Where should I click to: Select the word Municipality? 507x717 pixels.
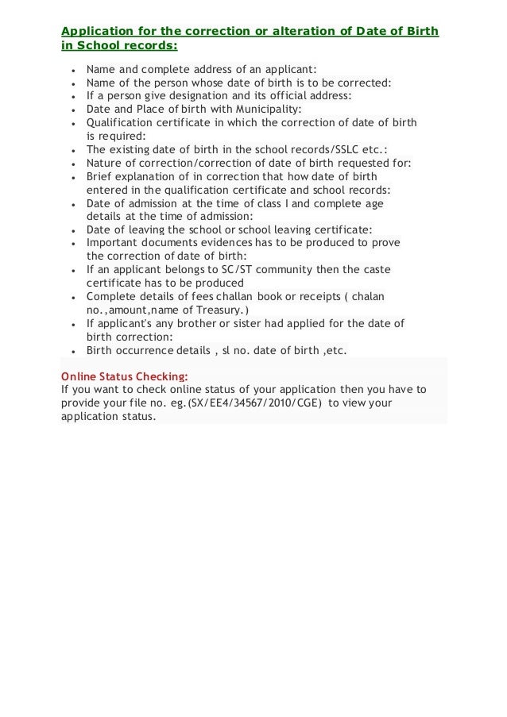click(263, 108)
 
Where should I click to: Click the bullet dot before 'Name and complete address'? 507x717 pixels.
click(72, 68)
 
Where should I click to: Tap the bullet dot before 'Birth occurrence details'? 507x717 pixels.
click(72, 352)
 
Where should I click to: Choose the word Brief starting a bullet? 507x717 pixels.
click(100, 176)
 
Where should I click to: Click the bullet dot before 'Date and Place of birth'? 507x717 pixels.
click(72, 109)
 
